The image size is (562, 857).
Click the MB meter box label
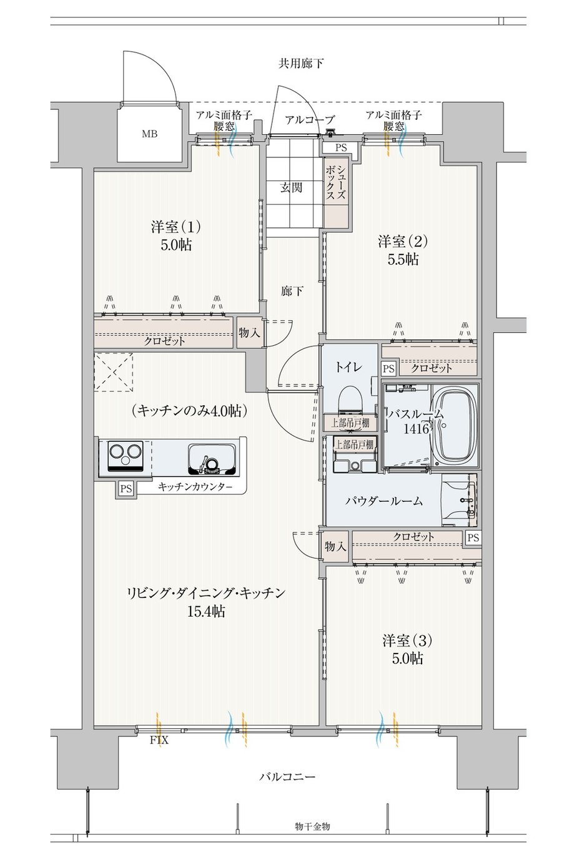tap(149, 134)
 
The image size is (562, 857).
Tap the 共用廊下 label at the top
tap(301, 63)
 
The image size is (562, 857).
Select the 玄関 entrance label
tap(292, 187)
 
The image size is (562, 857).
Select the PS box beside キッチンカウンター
tap(126, 489)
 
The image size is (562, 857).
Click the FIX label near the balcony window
tap(159, 740)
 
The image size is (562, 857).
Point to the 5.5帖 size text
tap(403, 260)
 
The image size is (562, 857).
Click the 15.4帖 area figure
tap(206, 611)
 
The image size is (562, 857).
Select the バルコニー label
tap(287, 776)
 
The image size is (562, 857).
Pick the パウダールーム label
tap(384, 501)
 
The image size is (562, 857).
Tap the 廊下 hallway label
tap(292, 291)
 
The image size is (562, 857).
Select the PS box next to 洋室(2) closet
tap(388, 368)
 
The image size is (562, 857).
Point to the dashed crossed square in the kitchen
tap(113, 372)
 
